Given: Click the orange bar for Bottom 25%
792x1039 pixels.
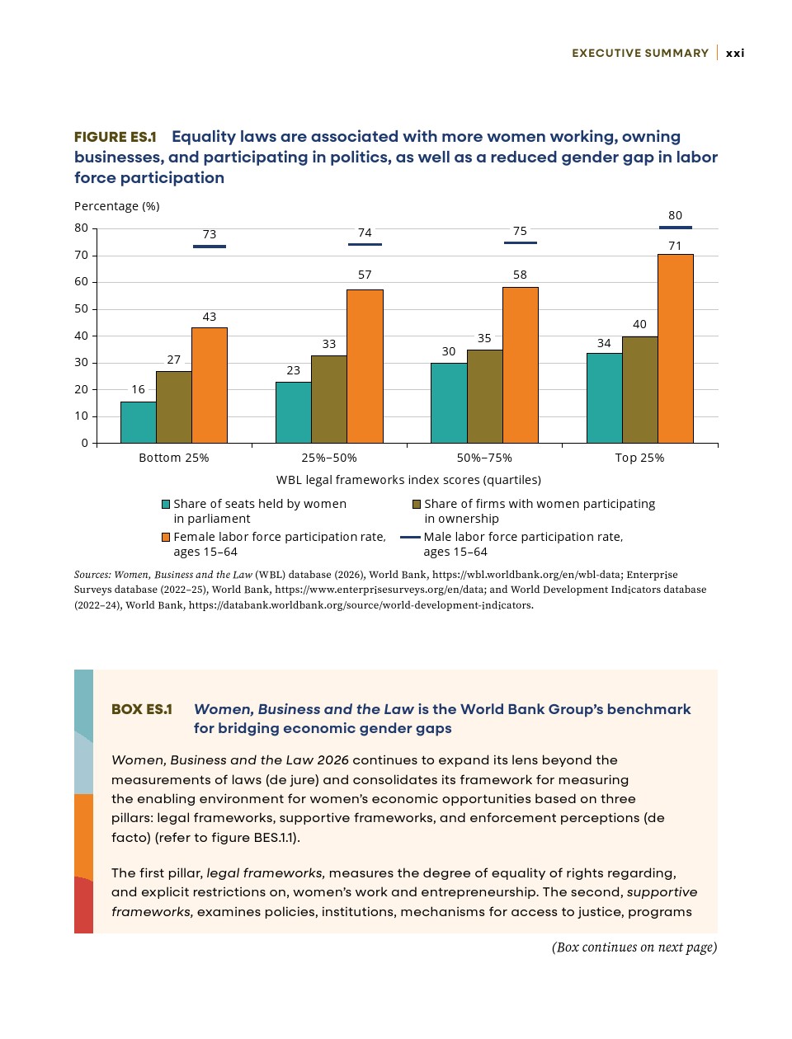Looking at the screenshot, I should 210,385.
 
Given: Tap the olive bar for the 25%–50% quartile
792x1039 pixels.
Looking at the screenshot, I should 329,399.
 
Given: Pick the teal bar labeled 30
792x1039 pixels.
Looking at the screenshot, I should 449,403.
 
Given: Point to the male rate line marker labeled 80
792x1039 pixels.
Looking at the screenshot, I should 676,228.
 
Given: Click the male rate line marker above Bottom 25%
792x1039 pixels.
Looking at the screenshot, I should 210,247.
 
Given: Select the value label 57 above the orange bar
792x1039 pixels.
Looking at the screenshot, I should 365,275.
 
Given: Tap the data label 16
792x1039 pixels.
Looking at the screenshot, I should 138,389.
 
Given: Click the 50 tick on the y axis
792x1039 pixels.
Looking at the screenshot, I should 82,308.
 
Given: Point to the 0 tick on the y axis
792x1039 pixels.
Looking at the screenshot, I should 84,443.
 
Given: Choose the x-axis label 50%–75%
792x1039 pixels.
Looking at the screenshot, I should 484,458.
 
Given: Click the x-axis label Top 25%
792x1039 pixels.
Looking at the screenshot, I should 639,458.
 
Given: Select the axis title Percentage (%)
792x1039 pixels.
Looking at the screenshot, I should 117,206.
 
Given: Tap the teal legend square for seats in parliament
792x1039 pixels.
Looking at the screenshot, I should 166,505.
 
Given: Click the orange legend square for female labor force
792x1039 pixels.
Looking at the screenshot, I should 166,538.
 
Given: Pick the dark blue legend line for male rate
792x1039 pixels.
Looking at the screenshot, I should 410,538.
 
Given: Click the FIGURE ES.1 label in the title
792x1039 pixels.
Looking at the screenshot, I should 115,137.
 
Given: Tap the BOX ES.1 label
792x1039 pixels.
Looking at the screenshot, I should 142,709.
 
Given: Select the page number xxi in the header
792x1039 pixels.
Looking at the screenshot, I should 735,53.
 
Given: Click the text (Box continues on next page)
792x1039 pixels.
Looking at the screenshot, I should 634,947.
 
